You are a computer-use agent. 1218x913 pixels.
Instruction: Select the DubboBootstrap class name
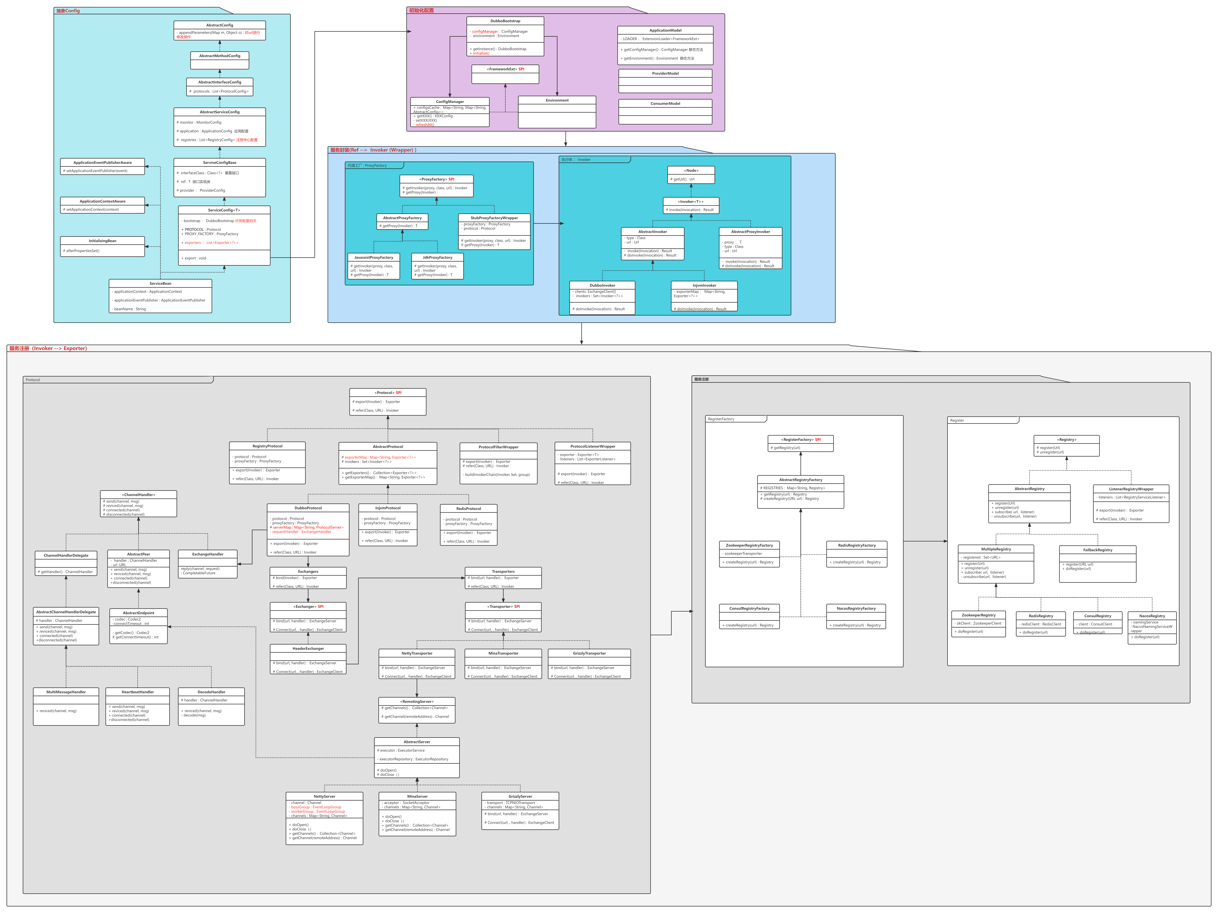tap(505, 21)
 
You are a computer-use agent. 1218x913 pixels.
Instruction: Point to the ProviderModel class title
tap(665, 73)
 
